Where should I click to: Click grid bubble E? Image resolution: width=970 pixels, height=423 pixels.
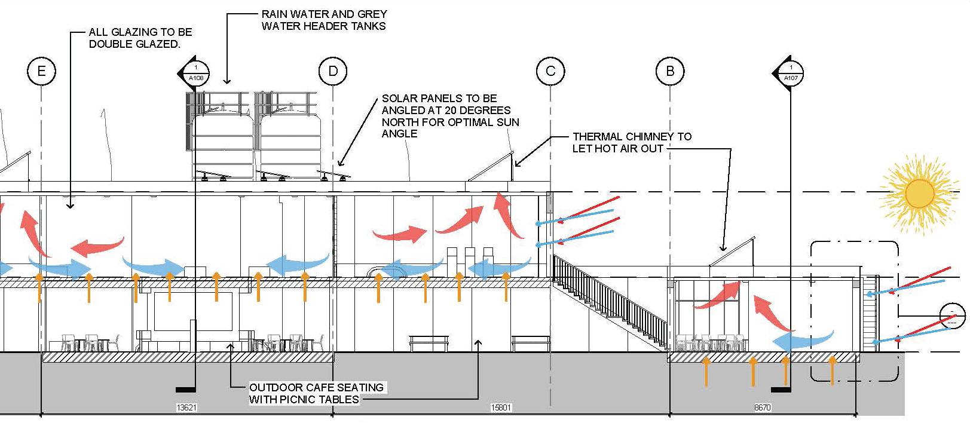pos(41,72)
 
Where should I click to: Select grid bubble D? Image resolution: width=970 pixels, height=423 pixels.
pos(333,72)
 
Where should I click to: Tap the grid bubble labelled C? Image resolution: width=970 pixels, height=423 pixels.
pos(550,72)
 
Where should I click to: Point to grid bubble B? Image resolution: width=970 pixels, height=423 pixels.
pos(669,72)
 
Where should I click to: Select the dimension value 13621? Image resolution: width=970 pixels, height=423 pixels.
pos(186,408)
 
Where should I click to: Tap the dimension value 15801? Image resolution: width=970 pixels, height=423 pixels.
pos(501,408)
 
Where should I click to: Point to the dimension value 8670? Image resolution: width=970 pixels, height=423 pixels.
pos(763,408)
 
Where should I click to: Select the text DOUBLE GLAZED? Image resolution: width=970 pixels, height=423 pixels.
pos(134,44)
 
